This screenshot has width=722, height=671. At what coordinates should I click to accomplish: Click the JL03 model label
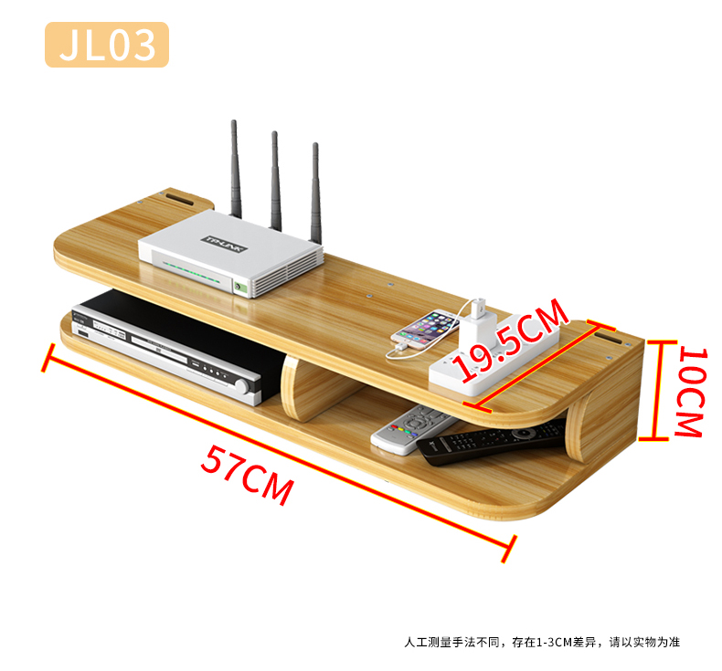107,45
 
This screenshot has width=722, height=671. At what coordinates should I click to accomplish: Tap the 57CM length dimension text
247,475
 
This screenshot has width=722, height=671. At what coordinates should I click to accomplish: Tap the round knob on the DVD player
244,386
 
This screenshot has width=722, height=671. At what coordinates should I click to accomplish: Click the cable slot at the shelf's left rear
178,197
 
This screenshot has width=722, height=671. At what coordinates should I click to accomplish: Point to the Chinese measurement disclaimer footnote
542,642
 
